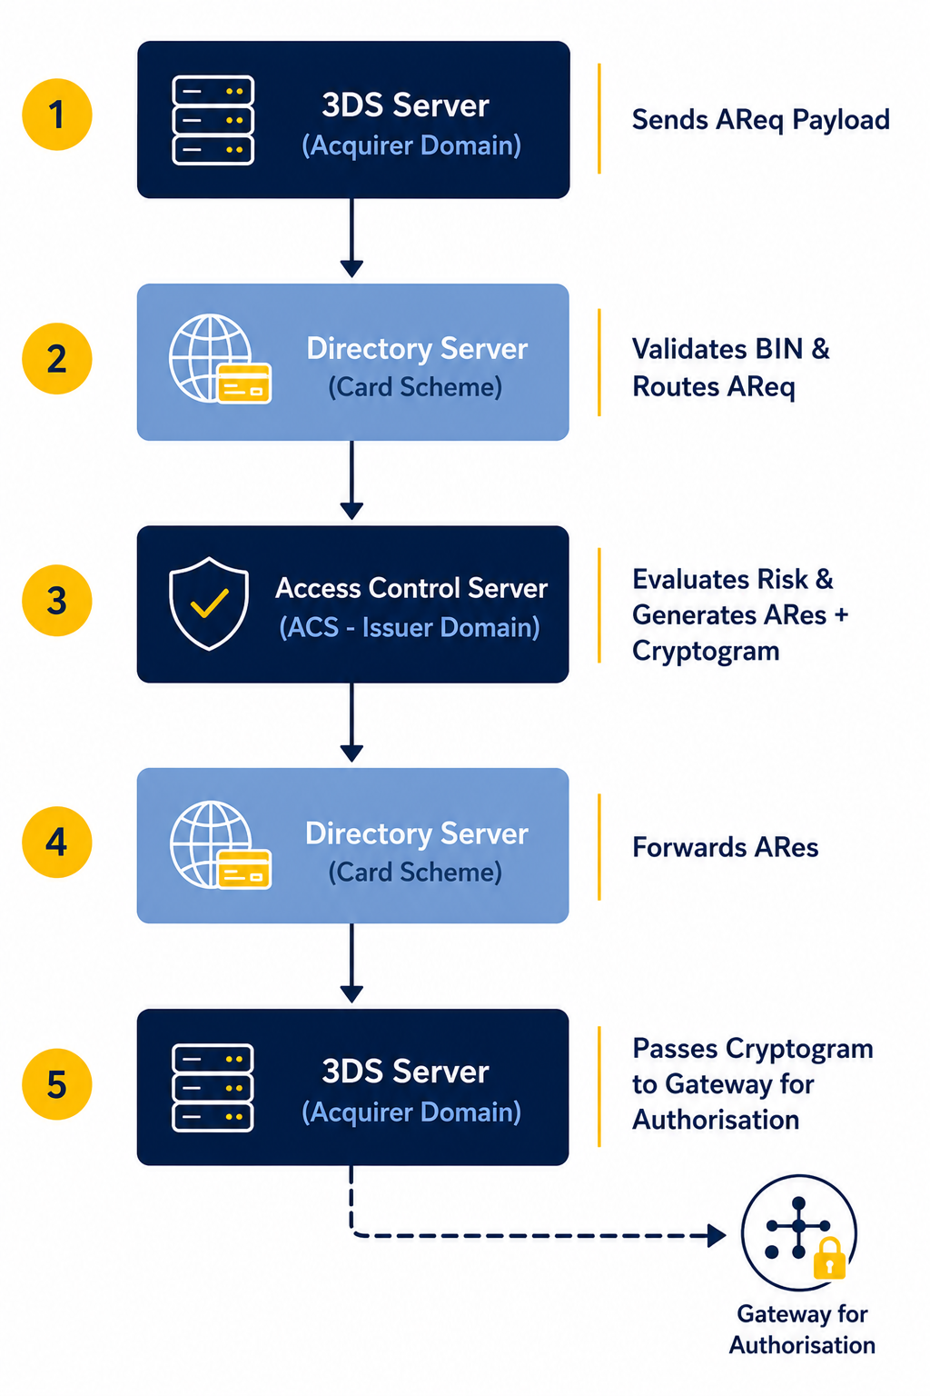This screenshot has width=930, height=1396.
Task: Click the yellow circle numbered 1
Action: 56,115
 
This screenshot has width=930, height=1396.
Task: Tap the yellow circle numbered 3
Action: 56,600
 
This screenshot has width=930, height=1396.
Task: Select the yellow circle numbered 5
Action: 56,1084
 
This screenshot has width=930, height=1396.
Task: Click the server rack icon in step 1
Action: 213,120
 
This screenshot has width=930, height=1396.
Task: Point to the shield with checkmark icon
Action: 209,603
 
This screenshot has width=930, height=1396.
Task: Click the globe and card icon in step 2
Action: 220,359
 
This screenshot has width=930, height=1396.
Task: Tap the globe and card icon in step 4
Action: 220,844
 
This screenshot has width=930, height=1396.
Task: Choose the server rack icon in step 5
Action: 213,1088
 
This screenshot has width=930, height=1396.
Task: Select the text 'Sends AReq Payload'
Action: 760,120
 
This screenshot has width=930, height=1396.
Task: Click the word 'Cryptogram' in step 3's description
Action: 706,652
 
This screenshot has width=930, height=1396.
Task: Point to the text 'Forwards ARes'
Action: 725,848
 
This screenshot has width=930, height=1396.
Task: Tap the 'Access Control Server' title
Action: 411,588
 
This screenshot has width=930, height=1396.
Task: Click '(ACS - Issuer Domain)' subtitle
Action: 410,628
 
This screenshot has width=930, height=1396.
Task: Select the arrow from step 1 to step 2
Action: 352,238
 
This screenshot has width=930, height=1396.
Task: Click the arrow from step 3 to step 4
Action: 352,723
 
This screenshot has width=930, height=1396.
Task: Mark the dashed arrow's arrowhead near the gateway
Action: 717,1235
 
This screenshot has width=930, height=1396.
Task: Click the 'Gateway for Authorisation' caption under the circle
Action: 802,1330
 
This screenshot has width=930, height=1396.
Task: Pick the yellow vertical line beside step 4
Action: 599,847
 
